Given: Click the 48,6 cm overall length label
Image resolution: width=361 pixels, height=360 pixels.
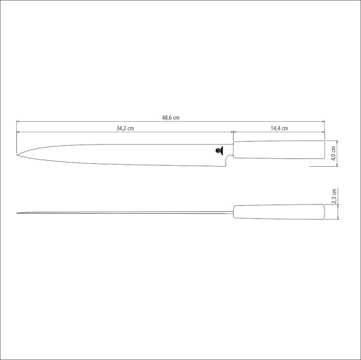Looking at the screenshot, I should [170, 118].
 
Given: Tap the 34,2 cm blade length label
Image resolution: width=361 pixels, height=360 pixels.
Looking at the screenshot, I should [125, 128].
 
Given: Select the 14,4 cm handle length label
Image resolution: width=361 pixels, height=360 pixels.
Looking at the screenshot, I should [279, 128].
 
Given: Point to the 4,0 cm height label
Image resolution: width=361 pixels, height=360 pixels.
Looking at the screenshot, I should [334, 152].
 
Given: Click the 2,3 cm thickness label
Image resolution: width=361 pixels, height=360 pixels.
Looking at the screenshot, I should [334, 196].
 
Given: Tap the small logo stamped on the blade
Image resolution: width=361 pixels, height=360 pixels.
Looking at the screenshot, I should [219, 151].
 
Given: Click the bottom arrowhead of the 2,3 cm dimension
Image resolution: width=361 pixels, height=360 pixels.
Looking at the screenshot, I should [339, 219].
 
